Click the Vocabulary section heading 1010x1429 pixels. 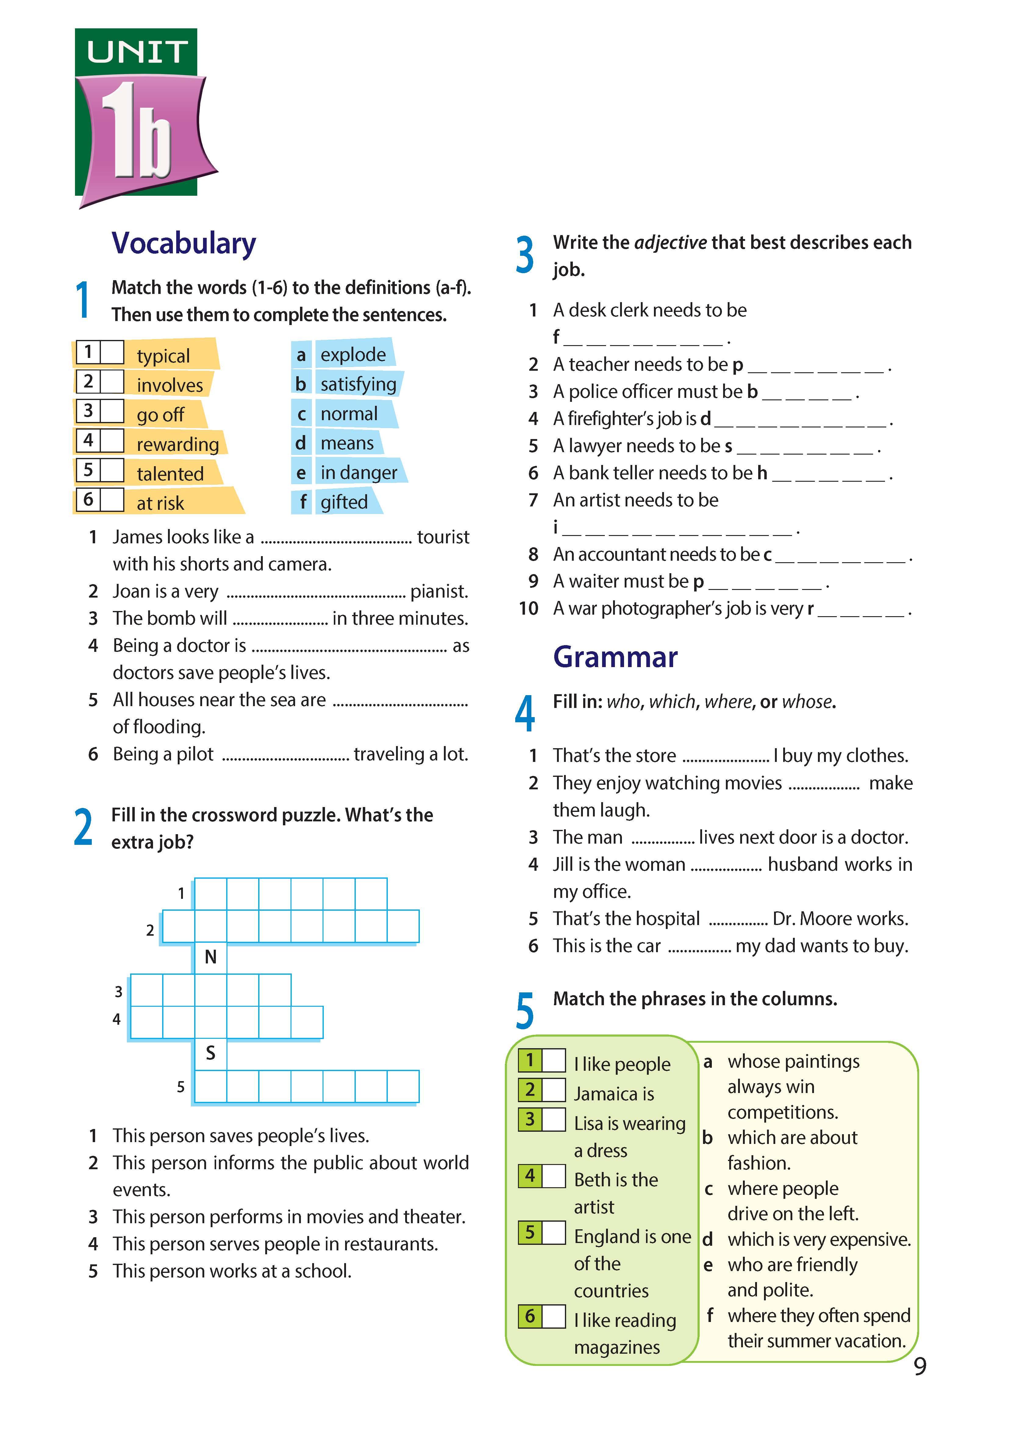point(184,243)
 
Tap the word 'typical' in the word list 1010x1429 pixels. point(163,356)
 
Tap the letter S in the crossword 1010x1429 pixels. point(210,1053)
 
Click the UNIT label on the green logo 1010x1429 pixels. point(137,52)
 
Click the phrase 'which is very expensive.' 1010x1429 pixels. point(819,1239)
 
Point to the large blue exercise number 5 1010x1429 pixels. point(525,1011)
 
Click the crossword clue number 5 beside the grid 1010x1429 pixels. point(180,1087)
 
